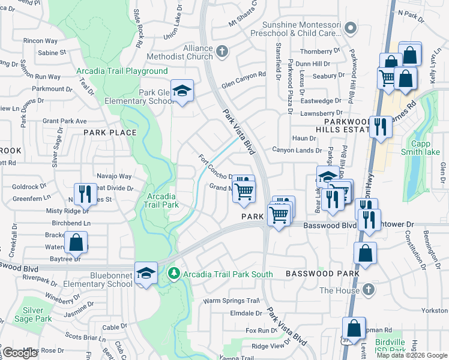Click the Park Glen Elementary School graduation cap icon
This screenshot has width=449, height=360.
(x=182, y=91)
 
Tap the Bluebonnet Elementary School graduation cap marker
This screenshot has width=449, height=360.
(x=146, y=274)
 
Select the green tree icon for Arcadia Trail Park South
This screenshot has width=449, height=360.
(x=174, y=274)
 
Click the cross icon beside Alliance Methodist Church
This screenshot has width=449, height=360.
(x=221, y=52)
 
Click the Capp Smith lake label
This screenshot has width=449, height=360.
(x=425, y=148)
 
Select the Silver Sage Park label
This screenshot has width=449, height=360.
(x=37, y=315)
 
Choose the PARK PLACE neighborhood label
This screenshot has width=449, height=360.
(x=110, y=133)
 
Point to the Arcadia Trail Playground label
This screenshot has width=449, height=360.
(x=122, y=71)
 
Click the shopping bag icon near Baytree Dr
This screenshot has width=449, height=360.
(x=77, y=243)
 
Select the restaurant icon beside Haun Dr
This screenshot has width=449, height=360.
(x=379, y=127)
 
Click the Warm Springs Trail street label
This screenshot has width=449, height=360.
(x=231, y=301)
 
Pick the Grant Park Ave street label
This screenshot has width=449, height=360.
(x=65, y=121)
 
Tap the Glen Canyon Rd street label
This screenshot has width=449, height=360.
(x=243, y=75)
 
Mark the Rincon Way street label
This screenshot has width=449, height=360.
(x=40, y=41)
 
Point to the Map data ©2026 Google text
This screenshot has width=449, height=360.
(x=412, y=355)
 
